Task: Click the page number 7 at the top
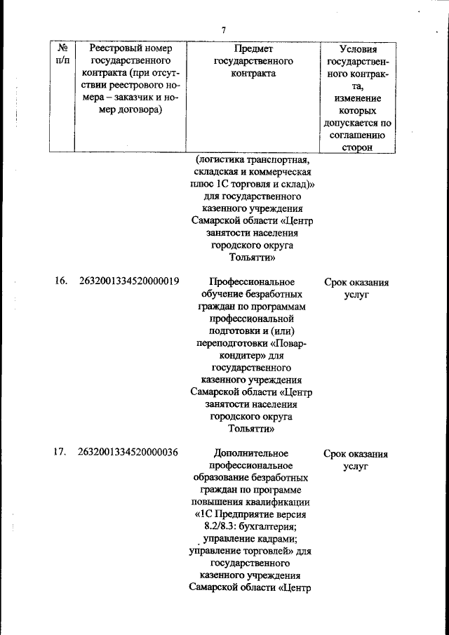[224, 29]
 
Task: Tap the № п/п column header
[63, 55]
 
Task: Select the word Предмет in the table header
[253, 48]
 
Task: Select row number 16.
[61, 281]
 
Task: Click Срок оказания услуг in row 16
[356, 288]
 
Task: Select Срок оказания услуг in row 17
[356, 460]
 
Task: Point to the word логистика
[223, 159]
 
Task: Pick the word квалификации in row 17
[277, 502]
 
